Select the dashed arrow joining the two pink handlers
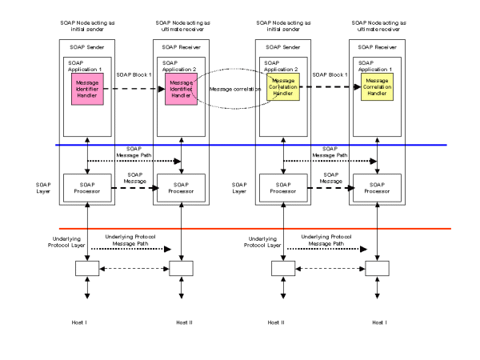tap(136, 88)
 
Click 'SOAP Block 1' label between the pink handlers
tap(135, 74)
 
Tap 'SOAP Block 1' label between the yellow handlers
tap(330, 74)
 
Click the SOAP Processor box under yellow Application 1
tap(378, 187)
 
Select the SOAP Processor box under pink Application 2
tap(182, 187)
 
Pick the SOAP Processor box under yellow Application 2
tap(282, 187)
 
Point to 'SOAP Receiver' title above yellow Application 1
tap(377, 48)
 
